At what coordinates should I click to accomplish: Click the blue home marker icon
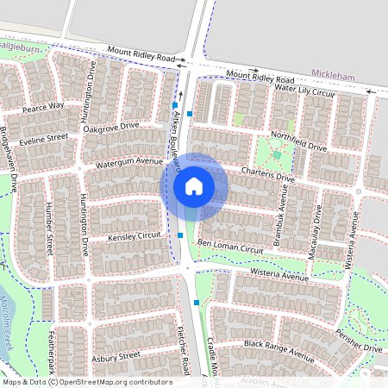[x=194, y=185]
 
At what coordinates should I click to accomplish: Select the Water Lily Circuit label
[x=304, y=90]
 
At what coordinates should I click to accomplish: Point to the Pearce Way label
[x=43, y=106]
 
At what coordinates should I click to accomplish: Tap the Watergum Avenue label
[x=129, y=161]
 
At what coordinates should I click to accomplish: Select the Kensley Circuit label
[x=134, y=235]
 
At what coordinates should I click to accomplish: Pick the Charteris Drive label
[x=267, y=173]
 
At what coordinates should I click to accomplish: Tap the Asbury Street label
[x=116, y=355]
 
